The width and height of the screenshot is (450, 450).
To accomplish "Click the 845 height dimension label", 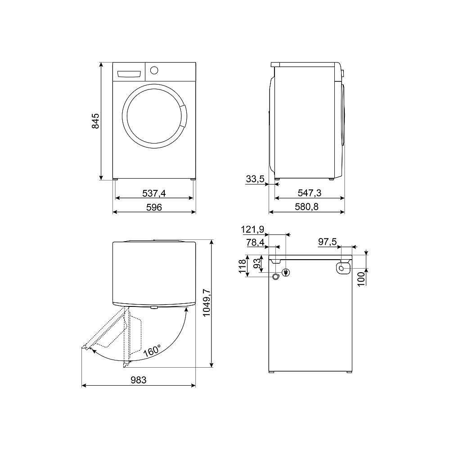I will [95, 121].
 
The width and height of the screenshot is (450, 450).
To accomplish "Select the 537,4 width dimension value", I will [154, 193].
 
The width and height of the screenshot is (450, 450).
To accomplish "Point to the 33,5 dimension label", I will [255, 179].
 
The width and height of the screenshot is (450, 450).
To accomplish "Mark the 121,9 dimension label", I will [252, 229].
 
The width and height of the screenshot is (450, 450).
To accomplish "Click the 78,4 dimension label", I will [255, 243].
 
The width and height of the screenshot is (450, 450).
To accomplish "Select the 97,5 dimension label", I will [328, 242].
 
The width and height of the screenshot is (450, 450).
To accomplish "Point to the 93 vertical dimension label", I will [256, 263].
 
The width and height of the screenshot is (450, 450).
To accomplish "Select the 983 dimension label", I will [139, 380].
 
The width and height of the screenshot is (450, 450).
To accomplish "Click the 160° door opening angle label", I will [152, 350].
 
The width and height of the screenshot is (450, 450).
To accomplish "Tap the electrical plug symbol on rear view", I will [285, 272].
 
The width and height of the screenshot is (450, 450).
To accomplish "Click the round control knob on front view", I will [154, 71].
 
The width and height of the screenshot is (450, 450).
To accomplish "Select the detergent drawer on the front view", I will [130, 73].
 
